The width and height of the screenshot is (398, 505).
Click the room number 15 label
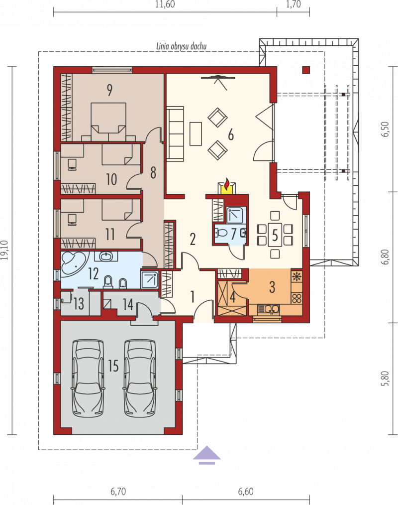point(113,366)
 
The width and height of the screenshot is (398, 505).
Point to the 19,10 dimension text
point(5,250)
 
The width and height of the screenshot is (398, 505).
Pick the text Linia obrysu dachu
point(181,46)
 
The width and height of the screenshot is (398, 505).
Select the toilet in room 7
point(222,233)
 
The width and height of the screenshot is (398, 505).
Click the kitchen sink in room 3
point(268,309)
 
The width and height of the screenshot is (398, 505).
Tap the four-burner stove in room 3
point(297,298)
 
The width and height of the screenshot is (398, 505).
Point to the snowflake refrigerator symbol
point(297,276)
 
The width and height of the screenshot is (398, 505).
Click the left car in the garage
point(88,378)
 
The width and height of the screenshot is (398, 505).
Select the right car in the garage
point(140,378)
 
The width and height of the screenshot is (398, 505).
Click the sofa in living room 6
point(175,133)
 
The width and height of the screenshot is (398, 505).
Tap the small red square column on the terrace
point(305,70)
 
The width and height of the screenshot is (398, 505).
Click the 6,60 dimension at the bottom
point(246,492)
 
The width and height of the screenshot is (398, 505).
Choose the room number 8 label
point(153,173)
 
